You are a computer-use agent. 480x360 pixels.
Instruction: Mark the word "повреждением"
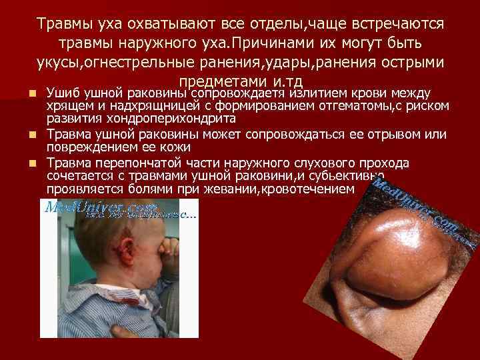[90, 147]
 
